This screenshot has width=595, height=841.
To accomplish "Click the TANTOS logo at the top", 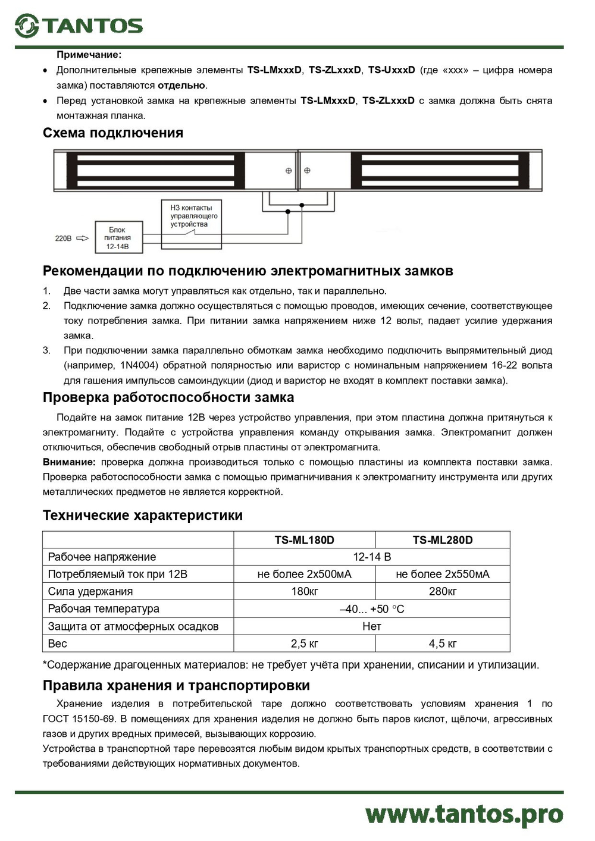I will [79, 26].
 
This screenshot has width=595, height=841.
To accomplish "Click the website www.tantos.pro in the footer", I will [464, 814].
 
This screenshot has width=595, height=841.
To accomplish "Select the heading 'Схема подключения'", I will [113, 133].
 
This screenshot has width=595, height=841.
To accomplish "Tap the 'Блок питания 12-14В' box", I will [117, 238].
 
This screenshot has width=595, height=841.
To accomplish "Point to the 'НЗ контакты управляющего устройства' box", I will [191, 216].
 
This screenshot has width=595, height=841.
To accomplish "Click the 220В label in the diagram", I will [63, 239].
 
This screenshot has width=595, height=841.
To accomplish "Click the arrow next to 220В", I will [83, 239].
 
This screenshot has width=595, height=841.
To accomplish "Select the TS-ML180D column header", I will [304, 540].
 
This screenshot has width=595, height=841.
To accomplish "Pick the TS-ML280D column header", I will [443, 540].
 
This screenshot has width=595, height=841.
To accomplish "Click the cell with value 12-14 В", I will [372, 557].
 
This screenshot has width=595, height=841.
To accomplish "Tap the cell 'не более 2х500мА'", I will [304, 575].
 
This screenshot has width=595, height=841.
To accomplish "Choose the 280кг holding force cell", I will [443, 592].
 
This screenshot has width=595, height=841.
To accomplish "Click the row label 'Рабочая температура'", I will [104, 609].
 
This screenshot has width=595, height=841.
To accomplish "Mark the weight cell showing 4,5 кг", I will [443, 644].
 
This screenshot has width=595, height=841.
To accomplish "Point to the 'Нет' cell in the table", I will [372, 626].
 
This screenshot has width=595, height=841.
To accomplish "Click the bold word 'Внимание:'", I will [69, 462].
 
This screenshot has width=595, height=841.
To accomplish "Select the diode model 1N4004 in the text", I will [139, 365].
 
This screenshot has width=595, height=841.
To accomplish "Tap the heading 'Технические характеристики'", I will [143, 515].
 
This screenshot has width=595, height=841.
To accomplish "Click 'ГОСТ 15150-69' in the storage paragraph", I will [79, 719].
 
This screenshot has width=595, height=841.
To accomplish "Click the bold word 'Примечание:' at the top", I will [89, 55].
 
